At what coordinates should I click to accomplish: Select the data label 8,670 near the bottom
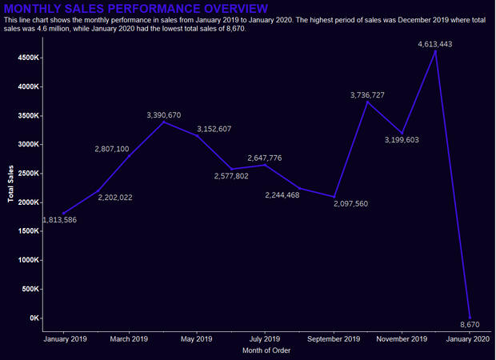tap(470, 324)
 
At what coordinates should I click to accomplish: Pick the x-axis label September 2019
tap(334, 339)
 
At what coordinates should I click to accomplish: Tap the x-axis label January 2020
tap(468, 339)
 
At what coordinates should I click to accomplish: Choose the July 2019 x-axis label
tap(265, 339)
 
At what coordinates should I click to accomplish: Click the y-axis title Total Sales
tap(10, 184)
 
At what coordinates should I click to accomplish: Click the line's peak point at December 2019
tap(434, 51)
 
